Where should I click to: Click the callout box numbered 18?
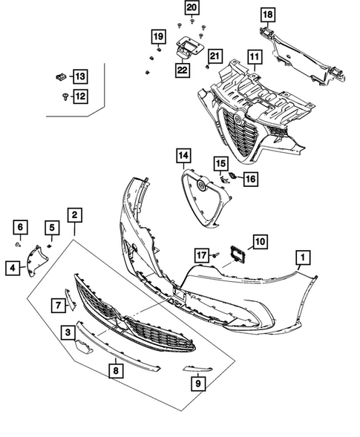click(x=268, y=15)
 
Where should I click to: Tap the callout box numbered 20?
click(x=192, y=8)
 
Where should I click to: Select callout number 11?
click(x=254, y=57)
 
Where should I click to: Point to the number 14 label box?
click(x=183, y=156)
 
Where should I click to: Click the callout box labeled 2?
click(x=74, y=215)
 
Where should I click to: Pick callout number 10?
click(x=260, y=242)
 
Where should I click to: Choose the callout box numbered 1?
click(x=303, y=257)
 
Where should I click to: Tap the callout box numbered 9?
click(x=198, y=384)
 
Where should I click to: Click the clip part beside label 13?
click(x=61, y=76)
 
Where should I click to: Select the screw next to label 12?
click(x=65, y=96)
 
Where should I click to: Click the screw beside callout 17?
click(x=216, y=254)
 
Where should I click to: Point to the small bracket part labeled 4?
click(x=36, y=260)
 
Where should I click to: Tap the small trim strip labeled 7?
click(x=70, y=299)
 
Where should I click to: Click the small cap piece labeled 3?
click(x=83, y=346)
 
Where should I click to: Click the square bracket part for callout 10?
click(x=238, y=254)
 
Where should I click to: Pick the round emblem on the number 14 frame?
click(x=201, y=185)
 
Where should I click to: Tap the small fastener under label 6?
click(x=18, y=245)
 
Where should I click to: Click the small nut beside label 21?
click(x=206, y=67)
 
